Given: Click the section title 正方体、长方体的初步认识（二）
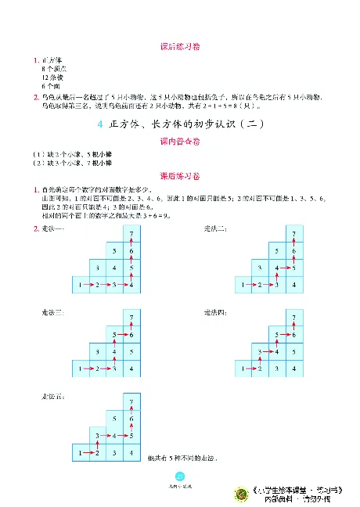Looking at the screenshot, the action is (192, 125).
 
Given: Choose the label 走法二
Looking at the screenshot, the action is (214, 228).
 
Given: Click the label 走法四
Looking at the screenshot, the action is (214, 312).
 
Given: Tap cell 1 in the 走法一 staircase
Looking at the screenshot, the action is (81, 285).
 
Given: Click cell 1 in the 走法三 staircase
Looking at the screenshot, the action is (81, 368).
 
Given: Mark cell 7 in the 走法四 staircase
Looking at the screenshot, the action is (293, 318).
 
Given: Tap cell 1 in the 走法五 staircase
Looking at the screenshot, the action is (81, 452).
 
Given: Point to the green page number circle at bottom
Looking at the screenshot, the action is (180, 479).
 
